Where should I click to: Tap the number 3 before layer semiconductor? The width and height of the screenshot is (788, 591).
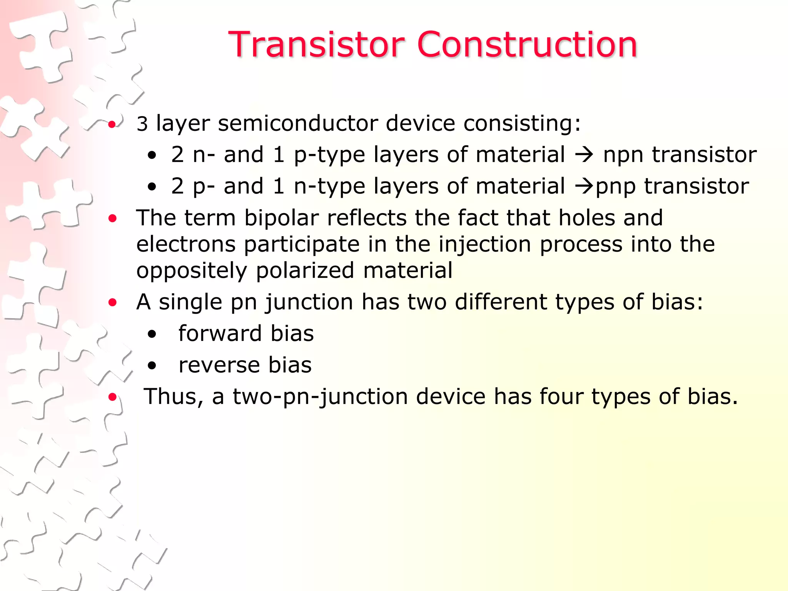pyautogui.click(x=142, y=124)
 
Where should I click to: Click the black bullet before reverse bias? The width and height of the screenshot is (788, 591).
pyautogui.click(x=152, y=366)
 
